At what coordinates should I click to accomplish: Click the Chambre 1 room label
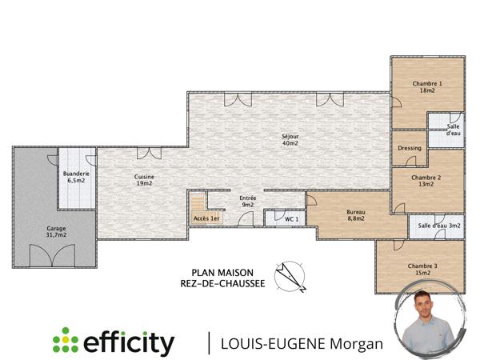click(427, 87)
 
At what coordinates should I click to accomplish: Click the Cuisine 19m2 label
click(144, 180)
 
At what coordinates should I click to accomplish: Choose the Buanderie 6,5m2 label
click(76, 178)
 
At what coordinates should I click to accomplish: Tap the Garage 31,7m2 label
click(56, 232)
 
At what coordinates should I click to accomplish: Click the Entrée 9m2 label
click(248, 201)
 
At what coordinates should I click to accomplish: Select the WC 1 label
click(292, 218)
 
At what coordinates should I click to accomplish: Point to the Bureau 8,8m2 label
click(355, 215)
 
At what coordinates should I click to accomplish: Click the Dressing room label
click(409, 149)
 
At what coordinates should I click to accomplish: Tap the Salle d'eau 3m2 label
click(439, 226)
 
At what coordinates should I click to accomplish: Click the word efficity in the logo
click(129, 343)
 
